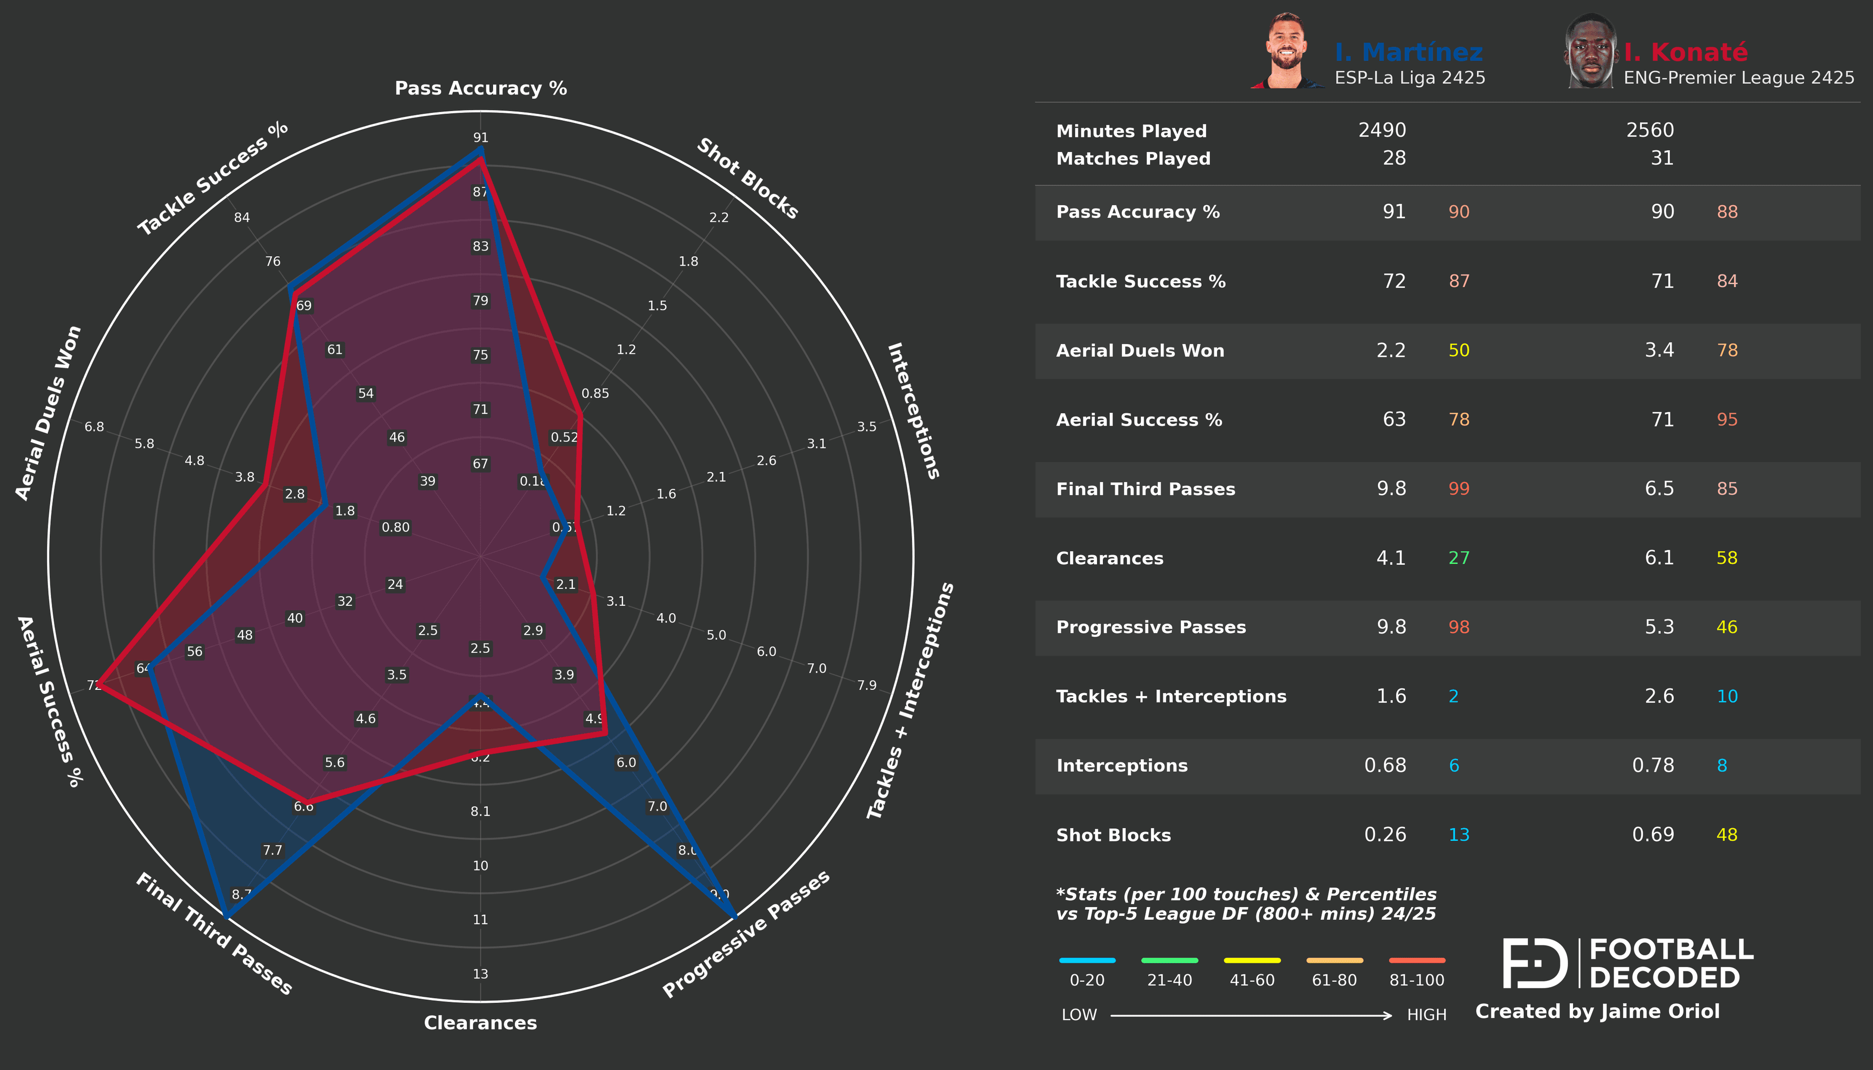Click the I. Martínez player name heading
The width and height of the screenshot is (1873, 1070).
click(x=1409, y=52)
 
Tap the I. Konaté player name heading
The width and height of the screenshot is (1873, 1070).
click(x=1686, y=52)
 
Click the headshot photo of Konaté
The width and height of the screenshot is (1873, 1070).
click(x=1591, y=52)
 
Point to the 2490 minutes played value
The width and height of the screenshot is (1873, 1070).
click(x=1381, y=130)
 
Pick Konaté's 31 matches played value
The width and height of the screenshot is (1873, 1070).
click(x=1662, y=158)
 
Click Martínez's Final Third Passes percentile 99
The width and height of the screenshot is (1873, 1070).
click(x=1458, y=489)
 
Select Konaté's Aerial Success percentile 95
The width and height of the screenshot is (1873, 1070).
click(x=1727, y=420)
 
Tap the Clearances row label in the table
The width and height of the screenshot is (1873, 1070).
click(x=1109, y=559)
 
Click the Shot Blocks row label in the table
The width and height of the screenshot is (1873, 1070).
click(x=1113, y=835)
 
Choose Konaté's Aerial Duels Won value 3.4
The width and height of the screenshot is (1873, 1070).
click(x=1658, y=350)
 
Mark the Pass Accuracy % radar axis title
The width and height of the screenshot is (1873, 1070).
click(x=481, y=88)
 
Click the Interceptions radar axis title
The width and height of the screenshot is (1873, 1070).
click(x=913, y=411)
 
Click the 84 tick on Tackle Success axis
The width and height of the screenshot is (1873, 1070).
click(x=242, y=217)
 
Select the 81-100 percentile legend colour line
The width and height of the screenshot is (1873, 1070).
click(x=1416, y=960)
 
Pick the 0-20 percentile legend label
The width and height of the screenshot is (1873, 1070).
click(x=1086, y=980)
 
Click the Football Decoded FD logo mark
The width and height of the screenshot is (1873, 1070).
click(x=1535, y=963)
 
